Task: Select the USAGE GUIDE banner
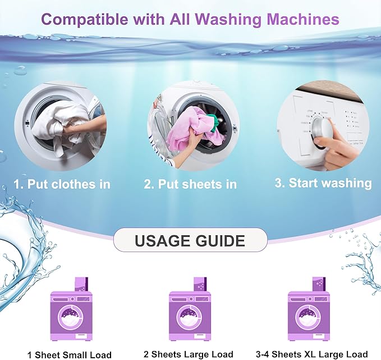[x=190, y=241]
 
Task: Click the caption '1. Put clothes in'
[x=61, y=184]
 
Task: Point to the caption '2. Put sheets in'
[x=190, y=184]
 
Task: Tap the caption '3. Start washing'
[x=323, y=183]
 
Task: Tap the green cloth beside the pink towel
[x=213, y=119]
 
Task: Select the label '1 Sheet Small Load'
[x=70, y=354]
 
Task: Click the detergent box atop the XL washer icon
[x=318, y=285]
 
